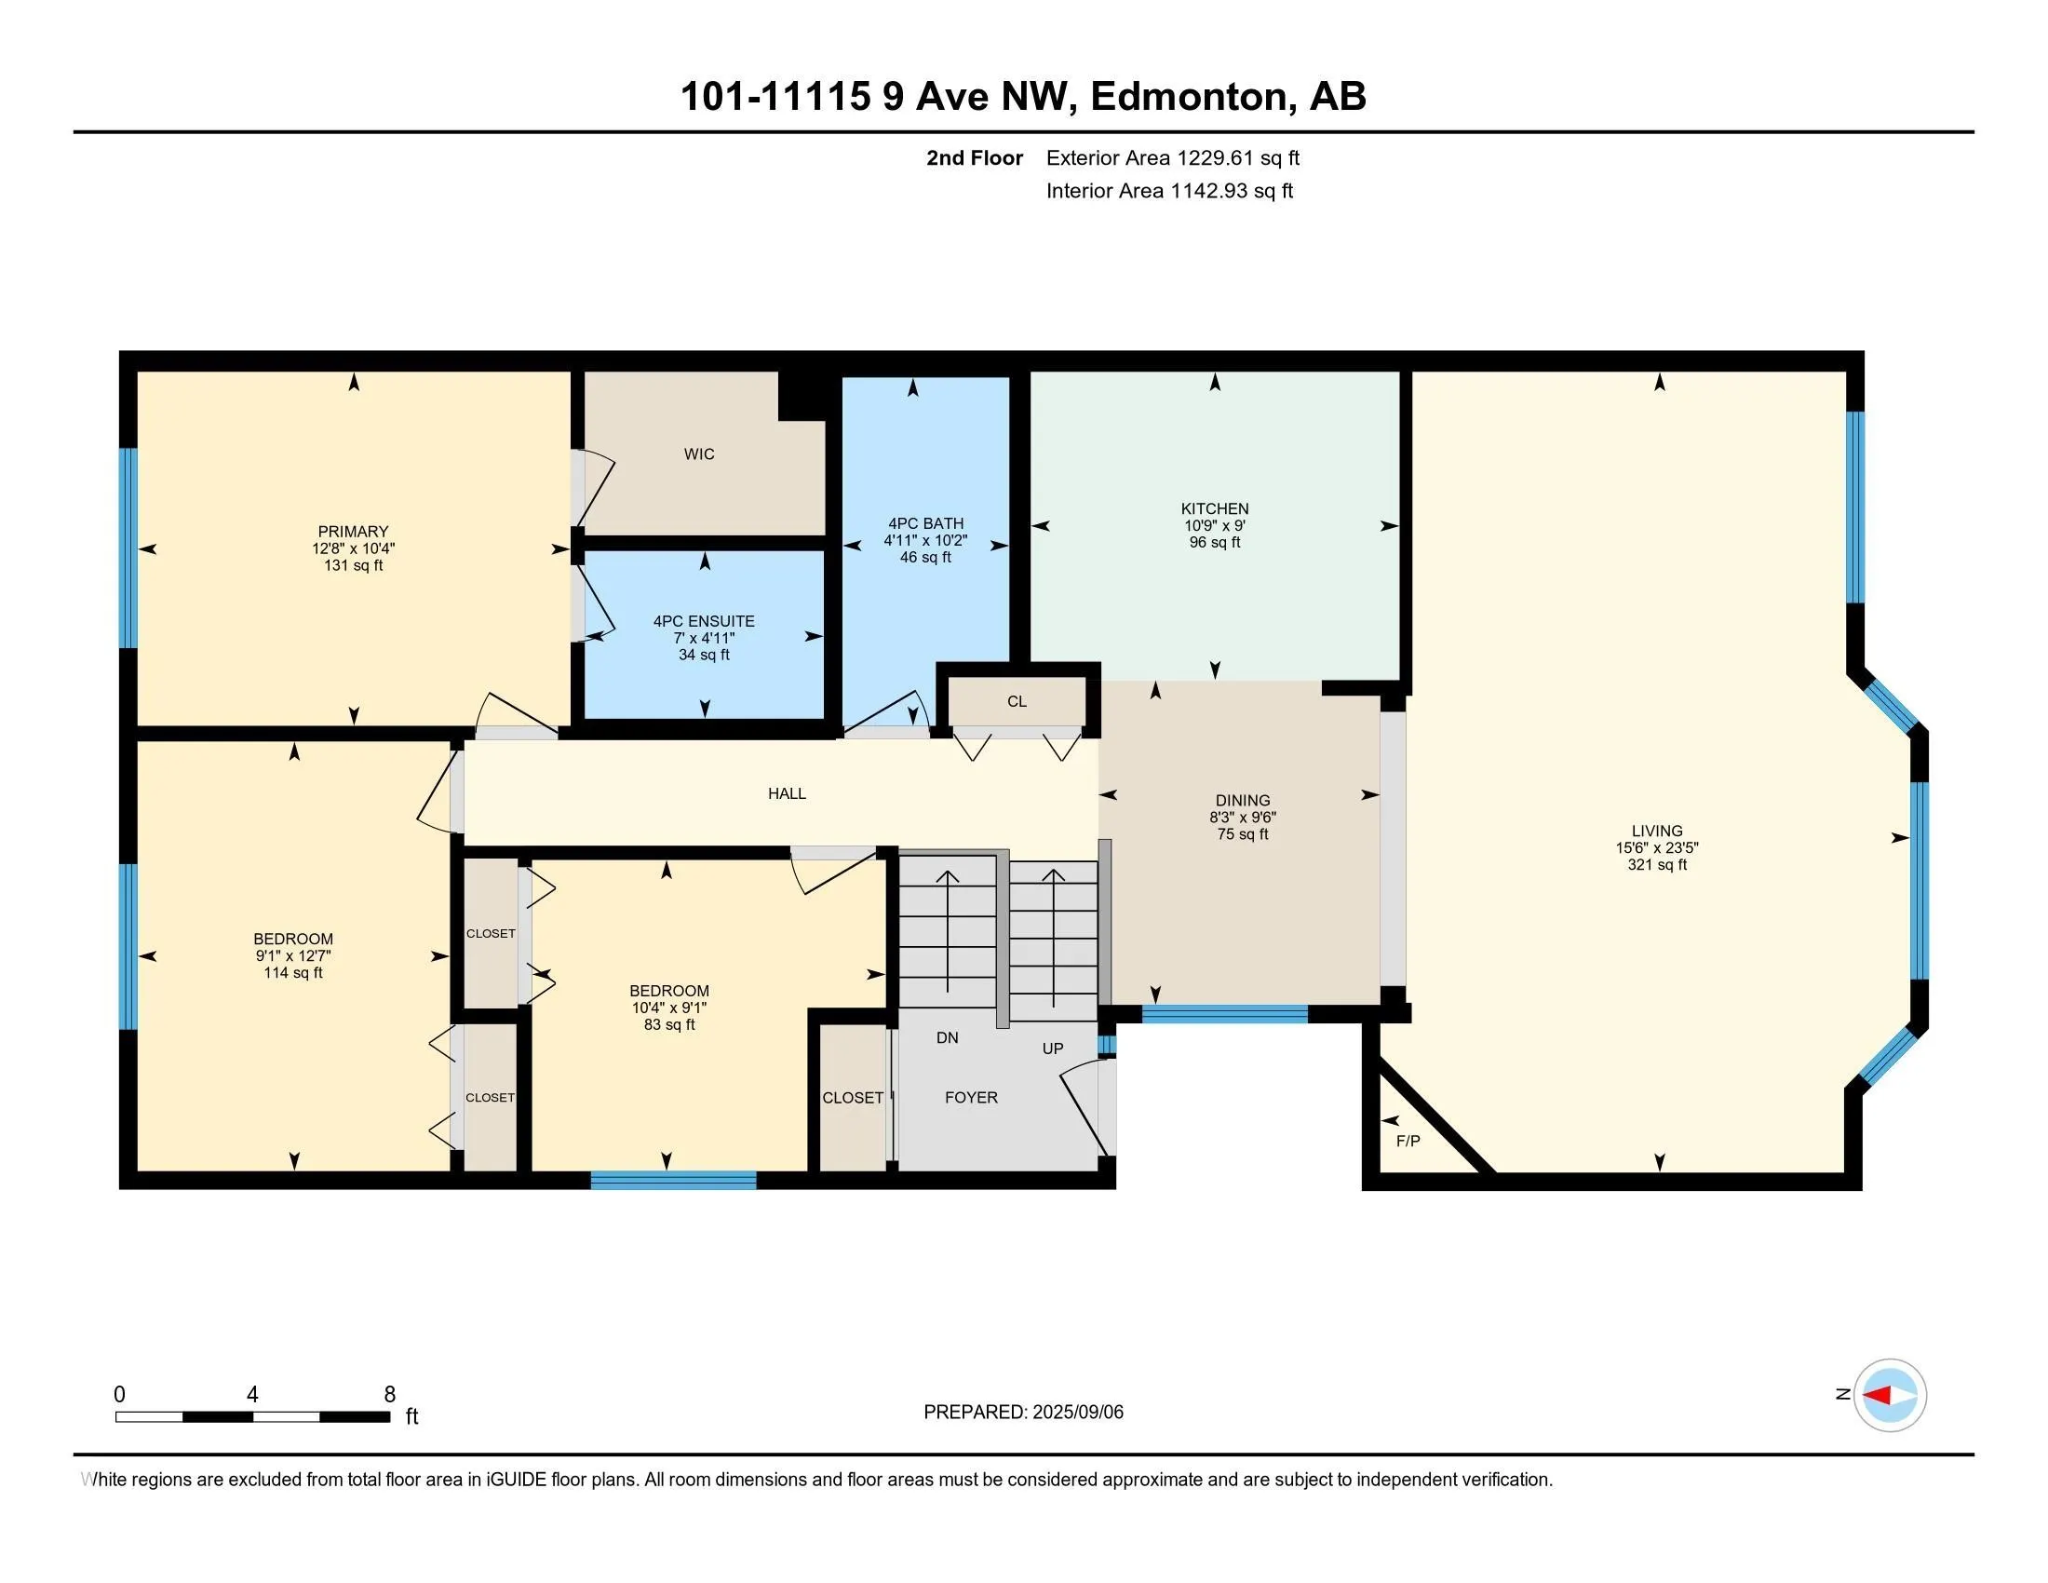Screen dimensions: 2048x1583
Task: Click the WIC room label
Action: click(x=698, y=453)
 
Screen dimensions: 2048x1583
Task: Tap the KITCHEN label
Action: click(x=1214, y=508)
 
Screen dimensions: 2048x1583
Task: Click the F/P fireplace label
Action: click(x=1408, y=1141)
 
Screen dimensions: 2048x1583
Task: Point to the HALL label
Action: click(x=787, y=793)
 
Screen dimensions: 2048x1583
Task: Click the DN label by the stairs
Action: click(x=947, y=1037)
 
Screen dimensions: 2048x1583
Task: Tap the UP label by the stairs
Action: click(x=1052, y=1049)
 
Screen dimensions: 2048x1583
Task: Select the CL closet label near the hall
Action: click(x=1017, y=701)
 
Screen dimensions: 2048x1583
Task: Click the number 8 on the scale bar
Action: click(x=389, y=1395)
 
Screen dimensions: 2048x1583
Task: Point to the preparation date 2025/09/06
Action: click(x=1076, y=1413)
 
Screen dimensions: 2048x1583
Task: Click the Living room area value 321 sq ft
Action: click(x=1657, y=865)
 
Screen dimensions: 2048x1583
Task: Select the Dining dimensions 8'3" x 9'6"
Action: click(x=1243, y=817)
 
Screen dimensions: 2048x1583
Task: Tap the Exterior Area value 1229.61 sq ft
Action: click(x=1239, y=158)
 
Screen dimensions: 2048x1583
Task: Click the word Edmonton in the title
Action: click(x=1189, y=97)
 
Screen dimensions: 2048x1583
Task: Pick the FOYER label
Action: click(x=971, y=1097)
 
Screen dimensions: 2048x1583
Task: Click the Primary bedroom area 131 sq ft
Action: click(x=353, y=565)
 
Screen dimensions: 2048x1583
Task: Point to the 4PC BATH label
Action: click(x=925, y=523)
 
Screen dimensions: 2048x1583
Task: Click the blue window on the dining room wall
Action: click(x=1224, y=1014)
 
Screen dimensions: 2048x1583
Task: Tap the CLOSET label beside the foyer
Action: click(x=853, y=1097)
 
